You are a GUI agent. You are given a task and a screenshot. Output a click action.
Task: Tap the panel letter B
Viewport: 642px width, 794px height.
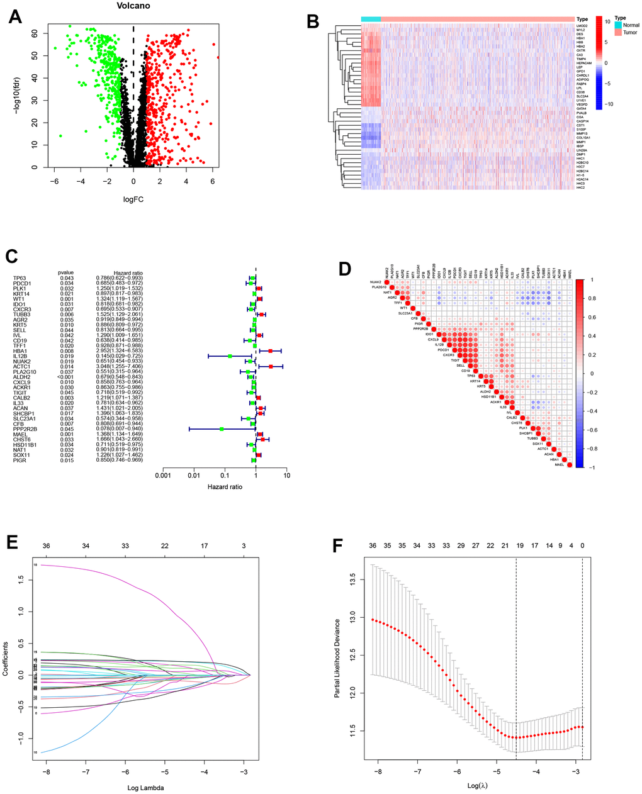(312, 20)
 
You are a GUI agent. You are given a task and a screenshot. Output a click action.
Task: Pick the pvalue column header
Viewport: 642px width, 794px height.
(66, 272)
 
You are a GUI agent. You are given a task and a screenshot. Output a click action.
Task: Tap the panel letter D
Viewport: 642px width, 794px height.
(344, 269)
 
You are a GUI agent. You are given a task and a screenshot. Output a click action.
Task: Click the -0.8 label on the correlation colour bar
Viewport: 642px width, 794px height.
(591, 449)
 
